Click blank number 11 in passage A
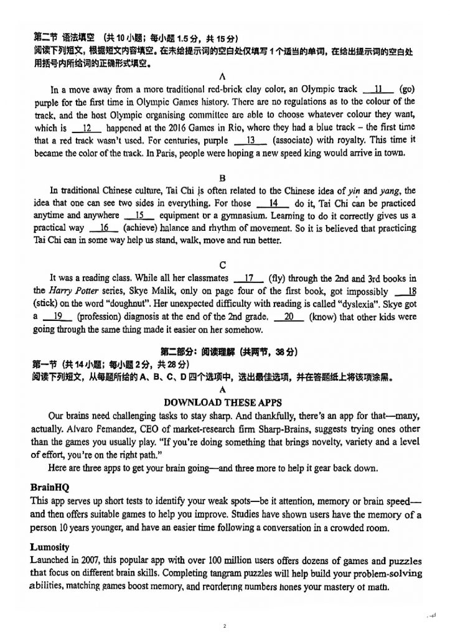click(x=377, y=89)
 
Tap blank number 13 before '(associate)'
click(x=251, y=141)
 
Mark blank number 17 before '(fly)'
click(x=250, y=279)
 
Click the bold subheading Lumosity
click(x=51, y=547)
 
